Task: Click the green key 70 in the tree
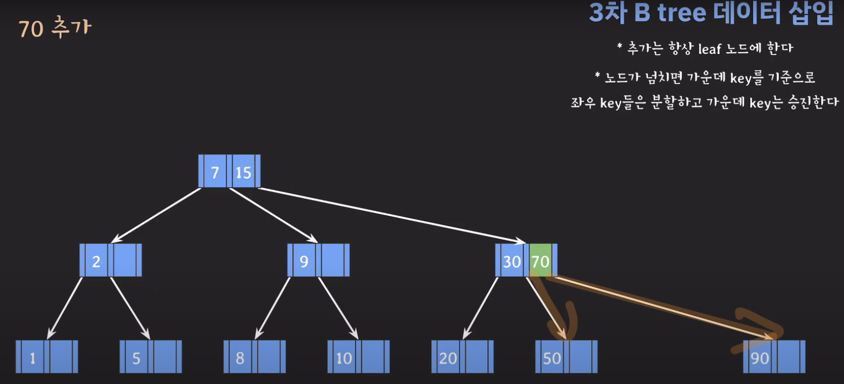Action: coord(540,261)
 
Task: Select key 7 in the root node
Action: coord(215,172)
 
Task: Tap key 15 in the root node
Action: coord(243,172)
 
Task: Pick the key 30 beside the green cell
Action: coord(512,261)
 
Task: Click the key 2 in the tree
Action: coord(96,261)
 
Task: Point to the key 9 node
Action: coord(304,261)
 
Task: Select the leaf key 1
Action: coord(32,358)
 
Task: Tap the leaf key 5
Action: coord(136,358)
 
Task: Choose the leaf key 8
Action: coord(240,358)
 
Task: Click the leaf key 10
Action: coord(344,358)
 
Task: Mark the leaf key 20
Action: coord(448,358)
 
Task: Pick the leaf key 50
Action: coord(552,358)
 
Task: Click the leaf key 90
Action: coord(760,358)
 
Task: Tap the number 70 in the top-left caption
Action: coord(31,29)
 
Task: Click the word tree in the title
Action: coord(682,13)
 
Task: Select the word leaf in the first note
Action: coord(710,49)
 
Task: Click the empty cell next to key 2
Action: coord(125,260)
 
